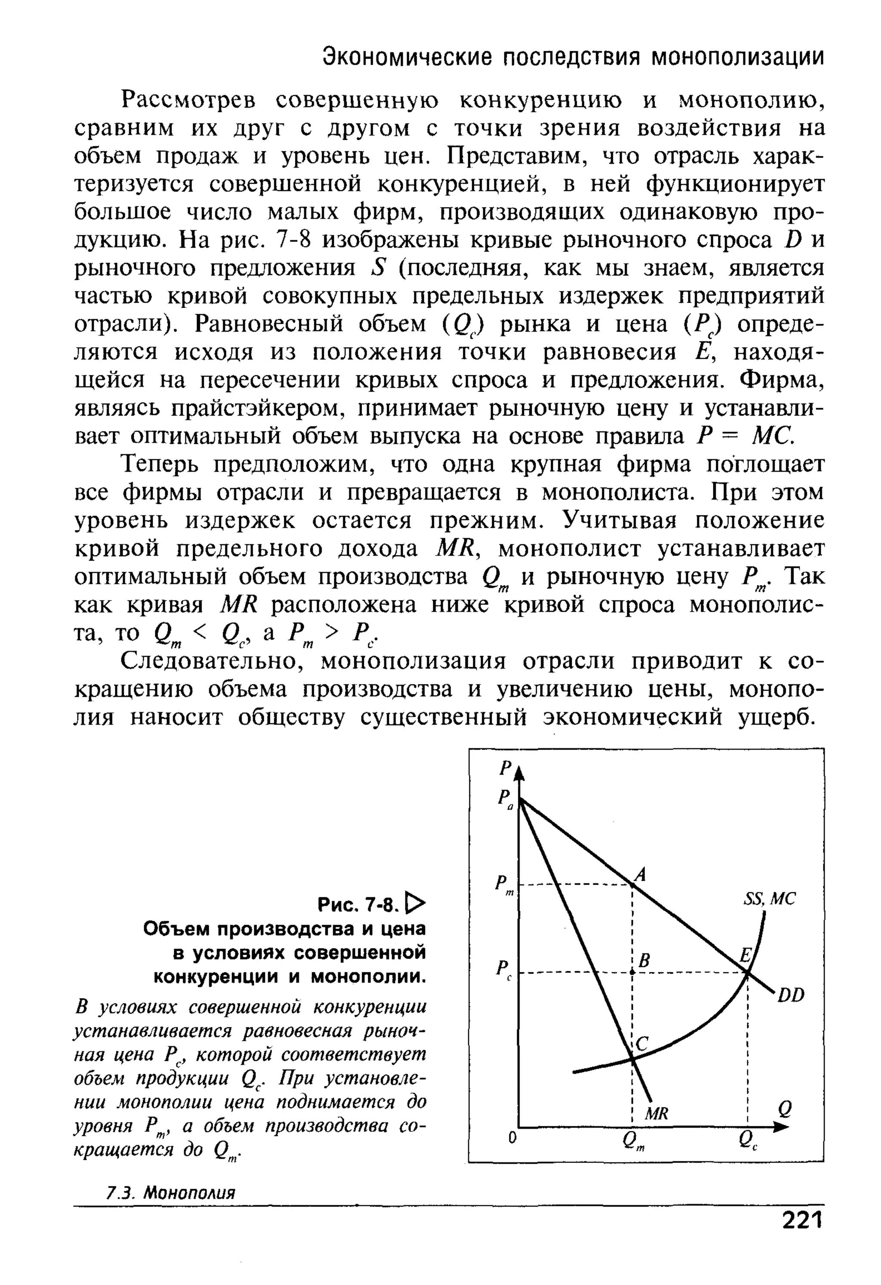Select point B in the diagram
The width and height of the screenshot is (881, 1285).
tap(632, 972)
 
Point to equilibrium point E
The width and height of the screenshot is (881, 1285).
tap(747, 971)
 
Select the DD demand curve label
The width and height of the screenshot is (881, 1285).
tap(791, 995)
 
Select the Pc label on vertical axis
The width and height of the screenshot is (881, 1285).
tap(504, 969)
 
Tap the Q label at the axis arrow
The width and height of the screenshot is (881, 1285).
tap(785, 1108)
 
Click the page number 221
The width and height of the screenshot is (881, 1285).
tap(802, 1219)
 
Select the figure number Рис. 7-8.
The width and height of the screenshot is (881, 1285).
tap(357, 905)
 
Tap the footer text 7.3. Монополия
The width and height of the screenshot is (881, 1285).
tap(170, 1193)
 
